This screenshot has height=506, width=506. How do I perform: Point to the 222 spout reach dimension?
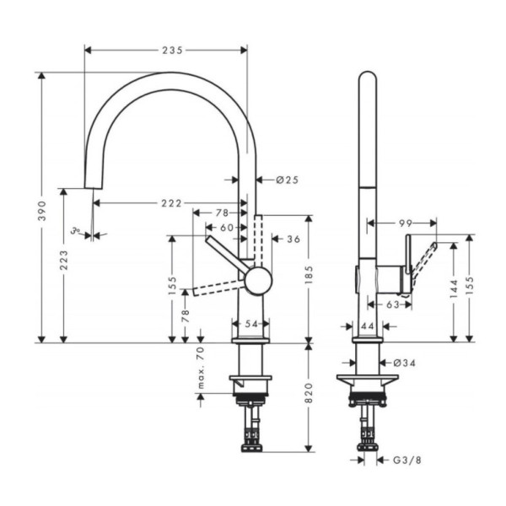(171, 202)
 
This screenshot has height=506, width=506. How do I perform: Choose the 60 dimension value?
(226, 228)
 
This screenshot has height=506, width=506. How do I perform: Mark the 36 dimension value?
(293, 240)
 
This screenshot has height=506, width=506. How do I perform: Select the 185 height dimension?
(309, 274)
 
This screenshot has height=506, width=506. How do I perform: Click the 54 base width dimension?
(250, 325)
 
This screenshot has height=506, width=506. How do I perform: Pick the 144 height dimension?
(455, 293)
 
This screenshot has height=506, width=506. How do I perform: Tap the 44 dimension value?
(368, 326)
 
